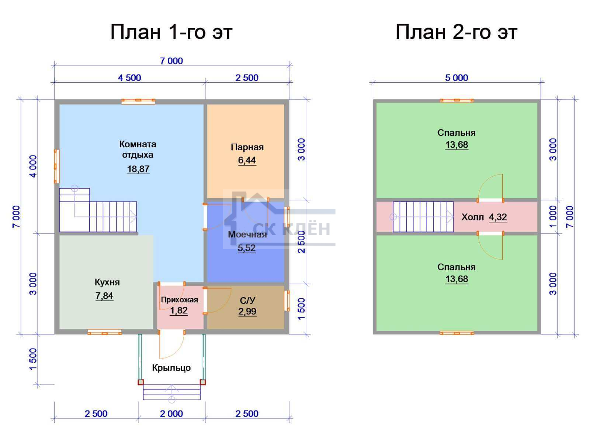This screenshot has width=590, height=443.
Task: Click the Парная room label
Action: [x=247, y=147]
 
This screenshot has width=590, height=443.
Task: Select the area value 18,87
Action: [x=138, y=169]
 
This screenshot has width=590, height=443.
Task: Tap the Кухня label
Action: [x=107, y=282]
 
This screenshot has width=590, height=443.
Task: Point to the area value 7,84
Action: [x=104, y=296]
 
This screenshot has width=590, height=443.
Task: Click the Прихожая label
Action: [x=179, y=300]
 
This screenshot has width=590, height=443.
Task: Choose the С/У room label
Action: [x=247, y=300]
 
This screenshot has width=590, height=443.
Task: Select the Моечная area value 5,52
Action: [x=246, y=248]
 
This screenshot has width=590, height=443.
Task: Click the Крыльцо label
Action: [x=171, y=368]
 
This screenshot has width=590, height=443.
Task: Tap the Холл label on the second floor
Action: [x=472, y=217]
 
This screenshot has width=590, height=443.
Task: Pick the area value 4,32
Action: [x=498, y=217]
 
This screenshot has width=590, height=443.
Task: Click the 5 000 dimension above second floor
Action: [x=457, y=78]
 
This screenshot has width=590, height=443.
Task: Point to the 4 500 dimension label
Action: [x=129, y=78]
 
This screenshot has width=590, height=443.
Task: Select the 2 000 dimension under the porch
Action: [x=171, y=414]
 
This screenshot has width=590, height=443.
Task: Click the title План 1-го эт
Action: [x=171, y=32]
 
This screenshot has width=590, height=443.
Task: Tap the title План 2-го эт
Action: [x=456, y=32]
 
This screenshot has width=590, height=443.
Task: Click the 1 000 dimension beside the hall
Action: [x=553, y=217]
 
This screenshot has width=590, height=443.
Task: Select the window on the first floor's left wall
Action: [x=56, y=166]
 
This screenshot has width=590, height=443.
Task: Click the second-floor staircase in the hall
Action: [x=423, y=217]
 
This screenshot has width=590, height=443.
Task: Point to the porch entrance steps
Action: [x=171, y=392]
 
